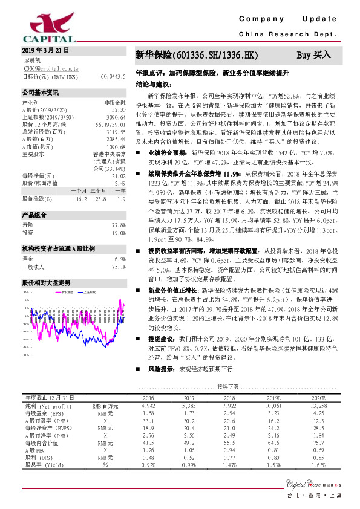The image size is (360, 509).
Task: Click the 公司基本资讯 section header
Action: click(x=41, y=94)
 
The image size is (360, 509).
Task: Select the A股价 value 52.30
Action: click(x=117, y=110)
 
